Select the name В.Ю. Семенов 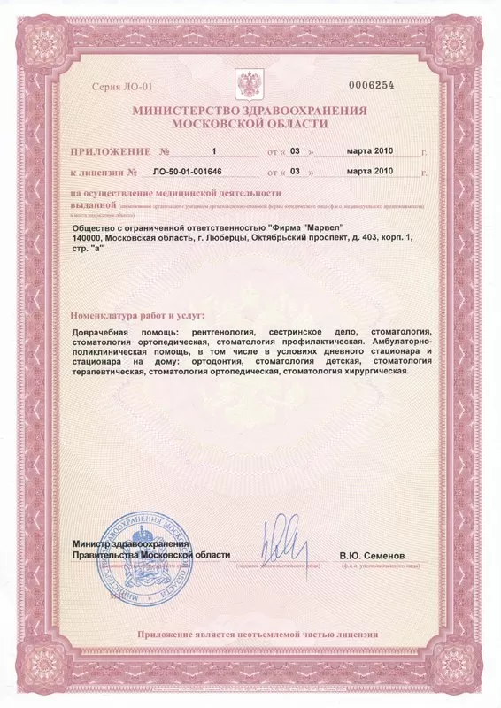pos(371,555)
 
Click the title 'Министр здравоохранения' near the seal pos(131,543)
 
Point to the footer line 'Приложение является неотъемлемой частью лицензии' pos(258,634)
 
